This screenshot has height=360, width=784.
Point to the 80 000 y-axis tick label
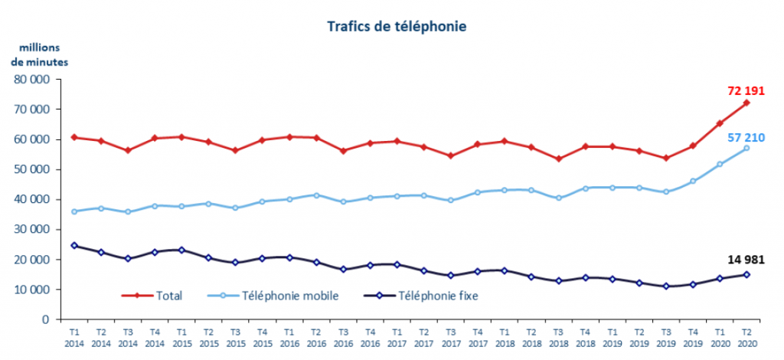point(33,79)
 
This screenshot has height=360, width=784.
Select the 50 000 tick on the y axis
point(33,169)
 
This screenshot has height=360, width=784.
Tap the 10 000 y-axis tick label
point(33,290)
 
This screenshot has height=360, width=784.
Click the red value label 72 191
point(746,90)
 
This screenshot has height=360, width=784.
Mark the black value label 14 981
point(746,260)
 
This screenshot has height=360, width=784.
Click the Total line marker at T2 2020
point(746,103)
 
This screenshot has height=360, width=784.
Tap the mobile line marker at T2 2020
point(746,148)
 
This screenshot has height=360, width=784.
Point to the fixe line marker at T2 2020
point(746,274)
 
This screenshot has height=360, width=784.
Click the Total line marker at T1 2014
point(73,137)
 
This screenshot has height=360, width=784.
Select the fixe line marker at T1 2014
point(73,245)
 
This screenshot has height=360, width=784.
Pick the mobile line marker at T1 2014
point(73,211)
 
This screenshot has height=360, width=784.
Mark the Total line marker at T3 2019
point(666,158)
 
